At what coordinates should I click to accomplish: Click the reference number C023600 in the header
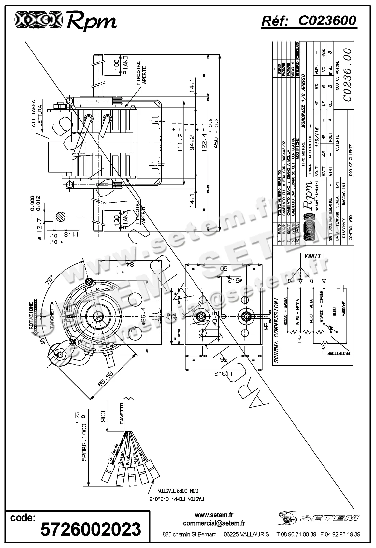327,21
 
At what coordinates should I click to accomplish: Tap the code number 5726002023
91,529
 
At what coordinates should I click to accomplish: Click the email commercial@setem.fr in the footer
214,523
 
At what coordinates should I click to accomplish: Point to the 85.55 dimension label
105,379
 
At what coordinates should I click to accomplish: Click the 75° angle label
50,279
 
